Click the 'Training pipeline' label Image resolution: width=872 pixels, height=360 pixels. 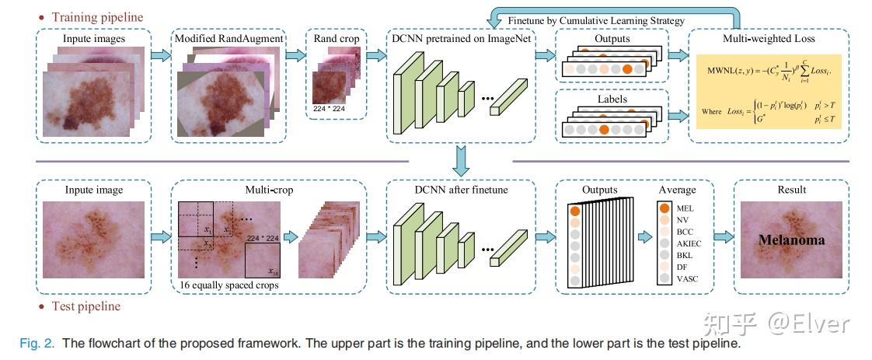coord(96,16)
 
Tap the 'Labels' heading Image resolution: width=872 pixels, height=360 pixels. coord(612,99)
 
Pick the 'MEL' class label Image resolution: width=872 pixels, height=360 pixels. coord(685,208)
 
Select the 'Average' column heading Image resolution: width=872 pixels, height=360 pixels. coord(676,189)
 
